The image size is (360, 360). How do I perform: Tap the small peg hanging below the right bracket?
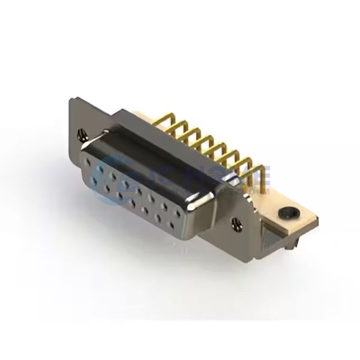tap(293, 245)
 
